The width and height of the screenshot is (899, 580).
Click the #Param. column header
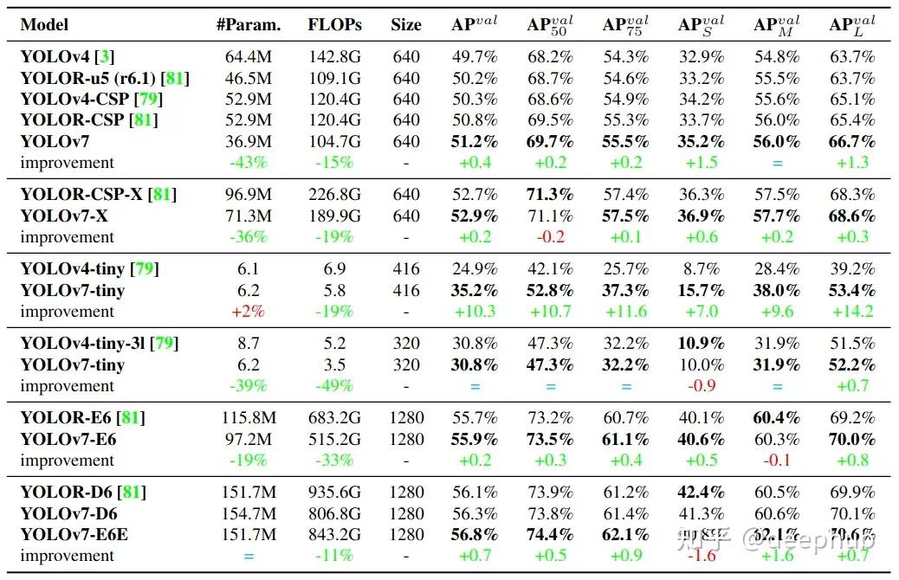[249, 24]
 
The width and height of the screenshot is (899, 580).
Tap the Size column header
[405, 24]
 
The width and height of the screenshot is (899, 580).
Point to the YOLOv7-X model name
[64, 216]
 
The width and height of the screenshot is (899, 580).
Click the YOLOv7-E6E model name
[74, 534]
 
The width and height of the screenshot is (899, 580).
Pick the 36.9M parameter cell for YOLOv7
[249, 141]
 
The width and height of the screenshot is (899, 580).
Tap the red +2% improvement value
[249, 311]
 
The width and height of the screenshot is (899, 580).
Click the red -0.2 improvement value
[550, 236]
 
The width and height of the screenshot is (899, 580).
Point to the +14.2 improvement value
[852, 311]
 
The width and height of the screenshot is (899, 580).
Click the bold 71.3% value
[550, 194]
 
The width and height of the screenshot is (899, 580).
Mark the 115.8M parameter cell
[249, 418]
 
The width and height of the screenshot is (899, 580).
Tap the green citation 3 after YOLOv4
[105, 57]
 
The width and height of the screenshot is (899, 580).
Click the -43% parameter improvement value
[249, 162]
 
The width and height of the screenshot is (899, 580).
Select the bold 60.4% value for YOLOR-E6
[777, 418]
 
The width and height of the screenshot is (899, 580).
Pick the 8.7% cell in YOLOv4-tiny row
[702, 268]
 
